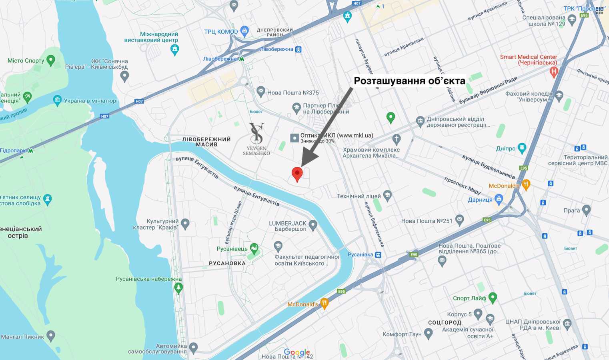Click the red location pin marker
[297, 174]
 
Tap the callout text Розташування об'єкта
[409, 81]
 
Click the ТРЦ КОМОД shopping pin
[245, 31]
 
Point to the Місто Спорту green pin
[50, 60]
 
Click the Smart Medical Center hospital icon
[554, 72]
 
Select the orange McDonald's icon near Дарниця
[526, 184]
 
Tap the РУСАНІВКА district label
[227, 263]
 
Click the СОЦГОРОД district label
[445, 322]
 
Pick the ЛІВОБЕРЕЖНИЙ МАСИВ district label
[206, 142]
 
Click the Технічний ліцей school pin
[387, 196]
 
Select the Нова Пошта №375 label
[292, 93]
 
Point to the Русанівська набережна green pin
[178, 287]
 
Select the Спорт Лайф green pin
[493, 297]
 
